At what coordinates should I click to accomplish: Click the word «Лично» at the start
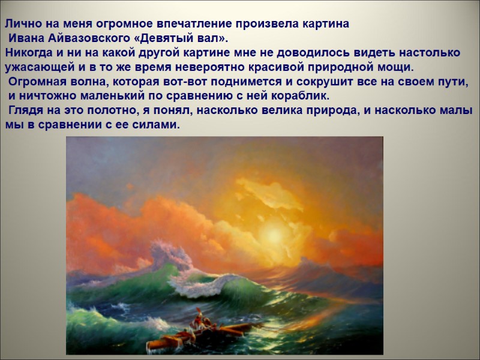(x=19, y=25)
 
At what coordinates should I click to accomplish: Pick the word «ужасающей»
(x=35, y=67)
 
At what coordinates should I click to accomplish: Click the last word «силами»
(x=158, y=125)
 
